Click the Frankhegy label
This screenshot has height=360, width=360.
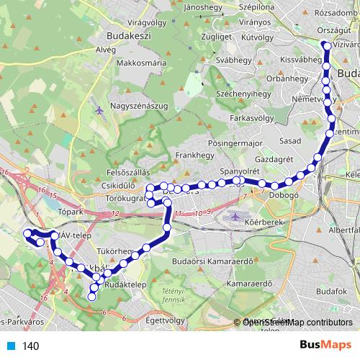pyautogui.click(x=191, y=155)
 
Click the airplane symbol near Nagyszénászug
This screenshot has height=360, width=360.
pyautogui.click(x=98, y=111)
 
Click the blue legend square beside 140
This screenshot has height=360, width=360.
pyautogui.click(x=10, y=346)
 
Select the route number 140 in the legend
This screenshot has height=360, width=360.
pyautogui.click(x=30, y=346)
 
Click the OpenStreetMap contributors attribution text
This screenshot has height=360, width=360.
pyautogui.click(x=297, y=323)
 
